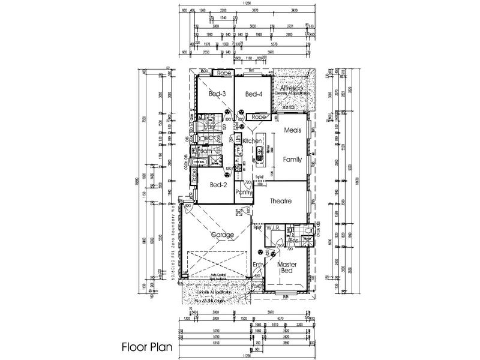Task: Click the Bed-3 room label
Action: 217,94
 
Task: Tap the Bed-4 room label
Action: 254,94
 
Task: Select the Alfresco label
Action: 294,88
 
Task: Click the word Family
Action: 292,160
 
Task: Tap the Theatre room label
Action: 280,202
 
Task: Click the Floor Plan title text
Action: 146,346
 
